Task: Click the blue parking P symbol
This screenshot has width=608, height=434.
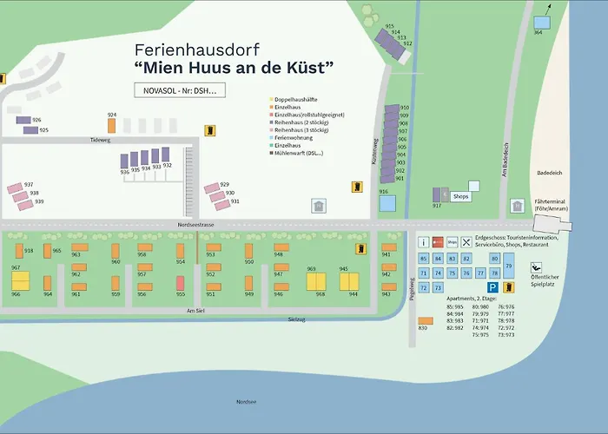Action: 492,287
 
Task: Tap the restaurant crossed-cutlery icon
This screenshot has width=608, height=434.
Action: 466,242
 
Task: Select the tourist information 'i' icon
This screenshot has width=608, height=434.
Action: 424,242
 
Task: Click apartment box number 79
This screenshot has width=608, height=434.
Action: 509,266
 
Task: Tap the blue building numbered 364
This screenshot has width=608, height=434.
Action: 543,22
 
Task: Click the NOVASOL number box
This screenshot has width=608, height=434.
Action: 180,89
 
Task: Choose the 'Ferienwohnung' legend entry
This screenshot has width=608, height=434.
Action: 296,137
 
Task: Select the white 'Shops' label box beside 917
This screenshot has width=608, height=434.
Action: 461,196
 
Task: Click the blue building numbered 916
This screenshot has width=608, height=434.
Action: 387,203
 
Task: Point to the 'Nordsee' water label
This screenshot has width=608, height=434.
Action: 246,401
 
